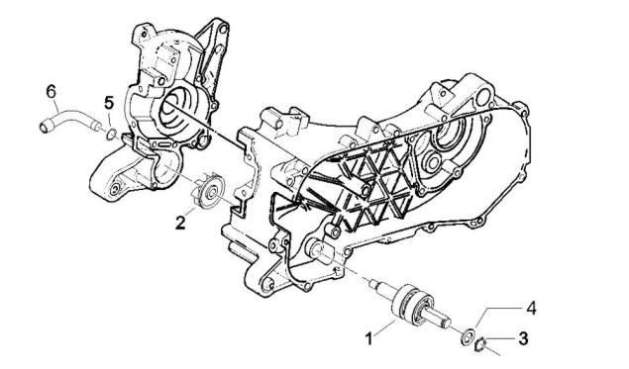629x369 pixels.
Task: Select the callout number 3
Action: [x=523, y=338]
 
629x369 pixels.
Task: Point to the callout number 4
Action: [x=531, y=308]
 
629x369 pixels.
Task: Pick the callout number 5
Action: [x=110, y=102]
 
